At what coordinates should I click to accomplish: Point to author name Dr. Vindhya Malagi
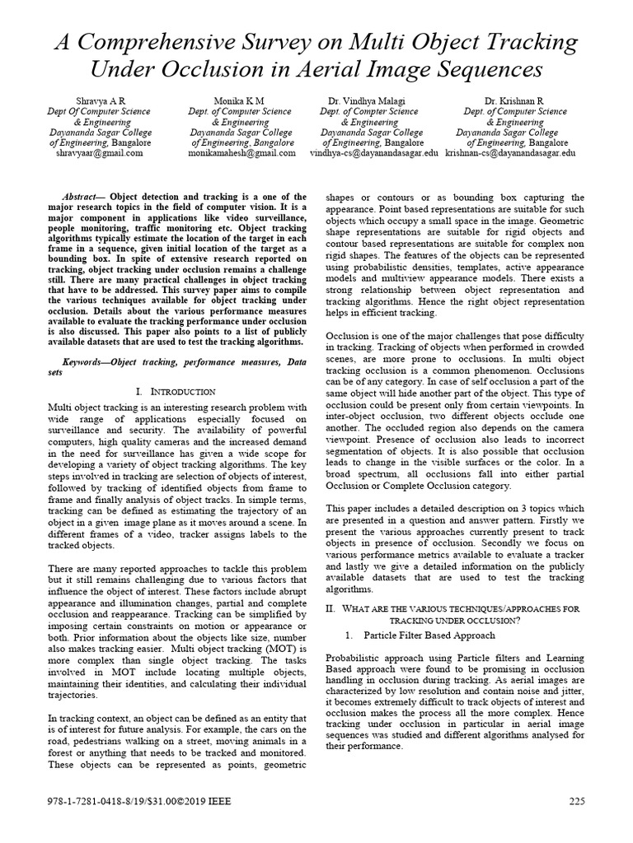click(x=369, y=100)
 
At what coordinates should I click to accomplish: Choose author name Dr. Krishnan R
click(x=515, y=100)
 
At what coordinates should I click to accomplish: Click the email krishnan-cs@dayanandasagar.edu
click(x=510, y=153)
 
